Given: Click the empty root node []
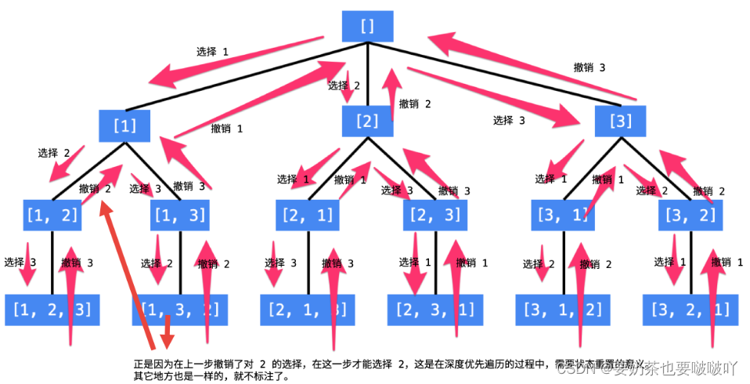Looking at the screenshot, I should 367,25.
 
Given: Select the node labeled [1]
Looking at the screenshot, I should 124,125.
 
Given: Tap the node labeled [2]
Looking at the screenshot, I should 367,121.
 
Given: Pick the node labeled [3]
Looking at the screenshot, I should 620,121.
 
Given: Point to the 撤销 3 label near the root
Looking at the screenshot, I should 590,68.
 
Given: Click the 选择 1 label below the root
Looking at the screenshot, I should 212,53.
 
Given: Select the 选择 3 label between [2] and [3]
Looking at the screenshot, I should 509,121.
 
